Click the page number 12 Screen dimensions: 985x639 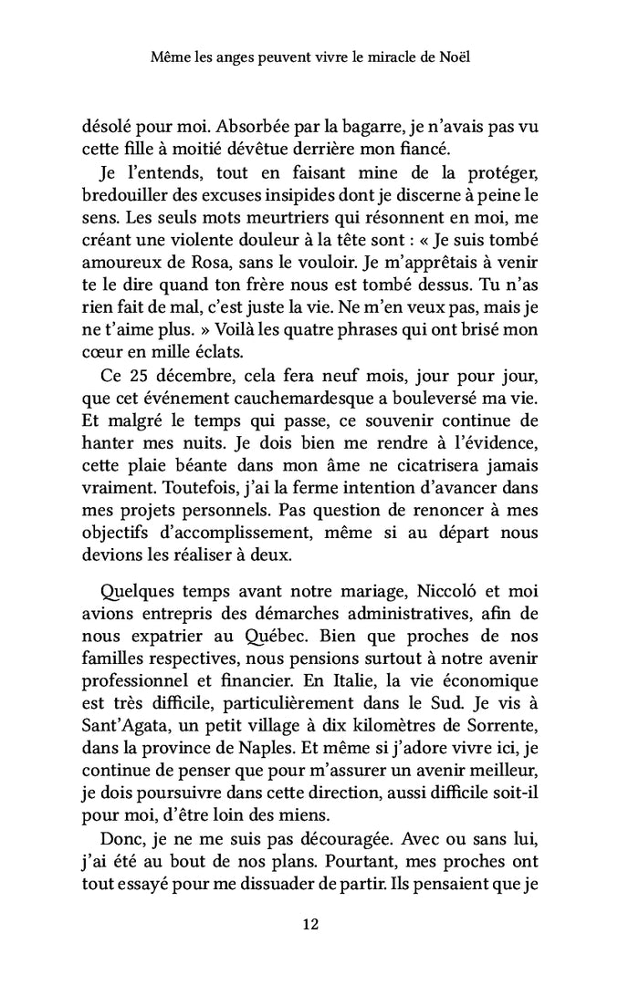pos(309,924)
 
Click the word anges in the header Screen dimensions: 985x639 pos(238,57)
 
